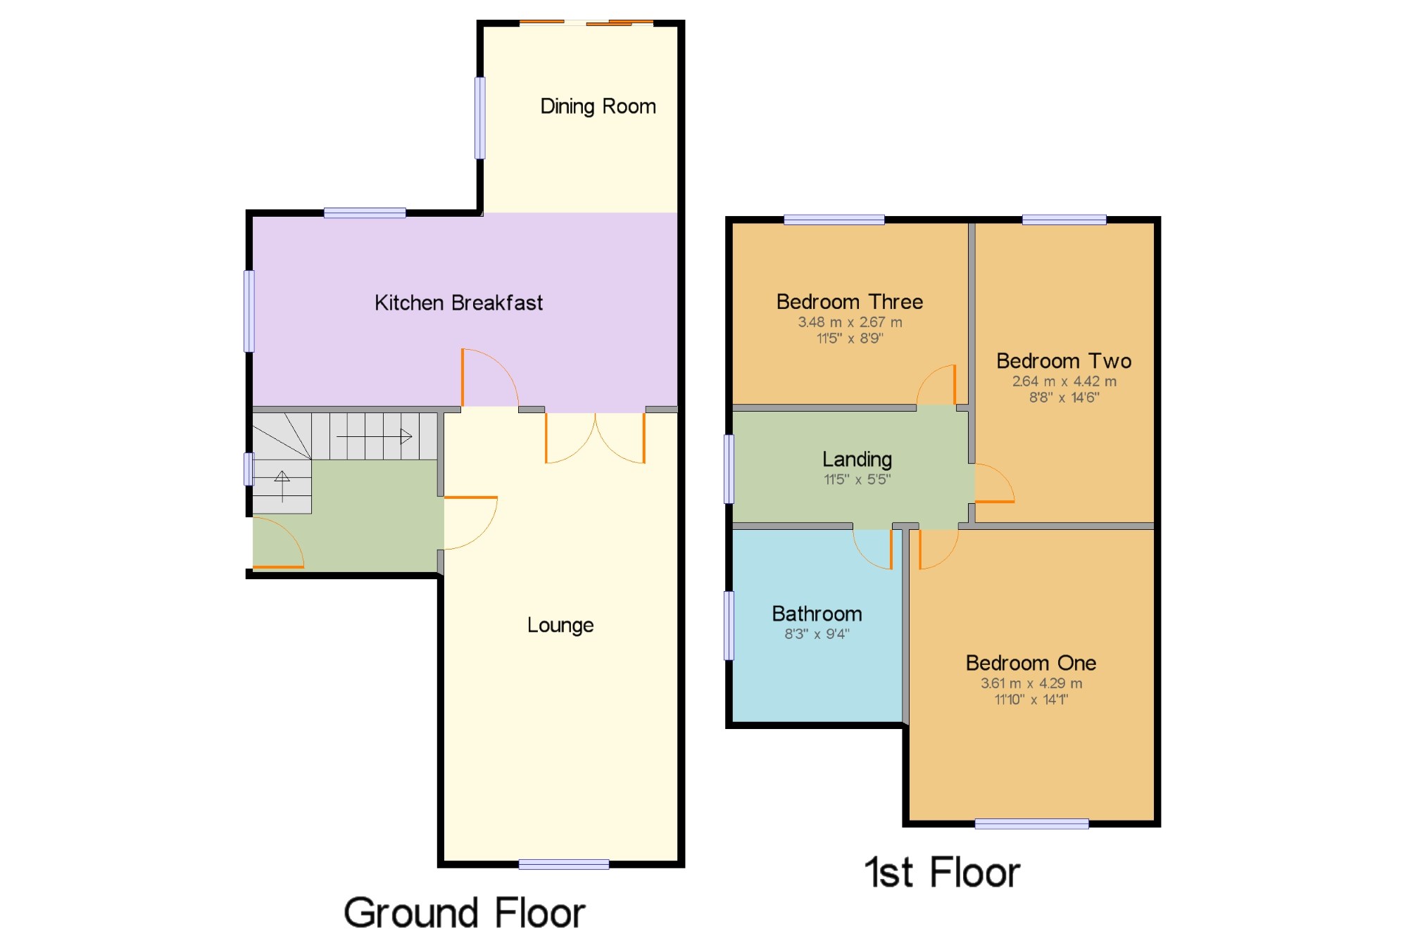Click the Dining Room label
click(598, 106)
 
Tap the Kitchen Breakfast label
click(458, 303)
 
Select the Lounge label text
click(560, 625)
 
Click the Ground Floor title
click(465, 913)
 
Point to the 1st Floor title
click(942, 873)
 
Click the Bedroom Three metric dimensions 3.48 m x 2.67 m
click(850, 322)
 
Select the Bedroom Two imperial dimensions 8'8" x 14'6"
click(1064, 398)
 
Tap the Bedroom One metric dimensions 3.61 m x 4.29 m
click(1031, 683)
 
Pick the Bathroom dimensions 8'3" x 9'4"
click(817, 634)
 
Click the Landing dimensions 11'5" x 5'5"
click(857, 480)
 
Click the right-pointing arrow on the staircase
click(374, 437)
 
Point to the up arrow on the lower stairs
click(282, 486)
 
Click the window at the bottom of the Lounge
click(564, 865)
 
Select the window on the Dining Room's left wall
click(480, 118)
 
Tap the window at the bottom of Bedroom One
click(1031, 824)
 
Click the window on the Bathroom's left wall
click(729, 626)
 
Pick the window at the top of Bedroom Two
click(1064, 220)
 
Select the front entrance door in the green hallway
click(279, 543)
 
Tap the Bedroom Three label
click(850, 302)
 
